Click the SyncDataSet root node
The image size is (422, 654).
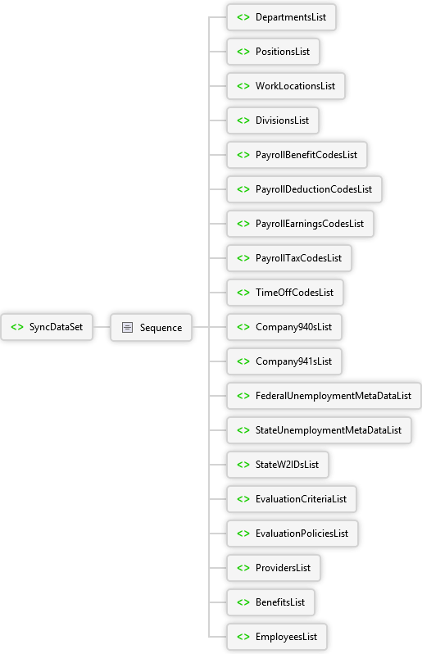point(47,327)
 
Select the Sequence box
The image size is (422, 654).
point(152,328)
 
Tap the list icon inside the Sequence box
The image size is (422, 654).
point(127,328)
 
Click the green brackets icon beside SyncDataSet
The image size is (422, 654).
point(17,327)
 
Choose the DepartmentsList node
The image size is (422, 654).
point(282,17)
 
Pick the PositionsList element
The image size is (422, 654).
point(273,52)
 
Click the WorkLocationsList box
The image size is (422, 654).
point(286,86)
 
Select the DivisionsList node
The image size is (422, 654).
point(273,120)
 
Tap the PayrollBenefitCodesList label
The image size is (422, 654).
point(306,155)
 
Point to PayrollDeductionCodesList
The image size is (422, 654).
point(304,189)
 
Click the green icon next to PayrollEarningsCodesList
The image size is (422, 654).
point(243,224)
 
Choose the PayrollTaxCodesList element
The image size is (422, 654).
point(289,258)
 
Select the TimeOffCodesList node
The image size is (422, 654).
point(285,293)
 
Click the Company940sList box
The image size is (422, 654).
point(284,327)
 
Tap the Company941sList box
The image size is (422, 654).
point(284,361)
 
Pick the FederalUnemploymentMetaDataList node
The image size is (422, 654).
point(324,396)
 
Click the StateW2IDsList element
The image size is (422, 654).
point(278,465)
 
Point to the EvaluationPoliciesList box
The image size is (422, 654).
point(293,534)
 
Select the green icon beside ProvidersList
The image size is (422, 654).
point(243,568)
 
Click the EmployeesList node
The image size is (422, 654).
point(277,637)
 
